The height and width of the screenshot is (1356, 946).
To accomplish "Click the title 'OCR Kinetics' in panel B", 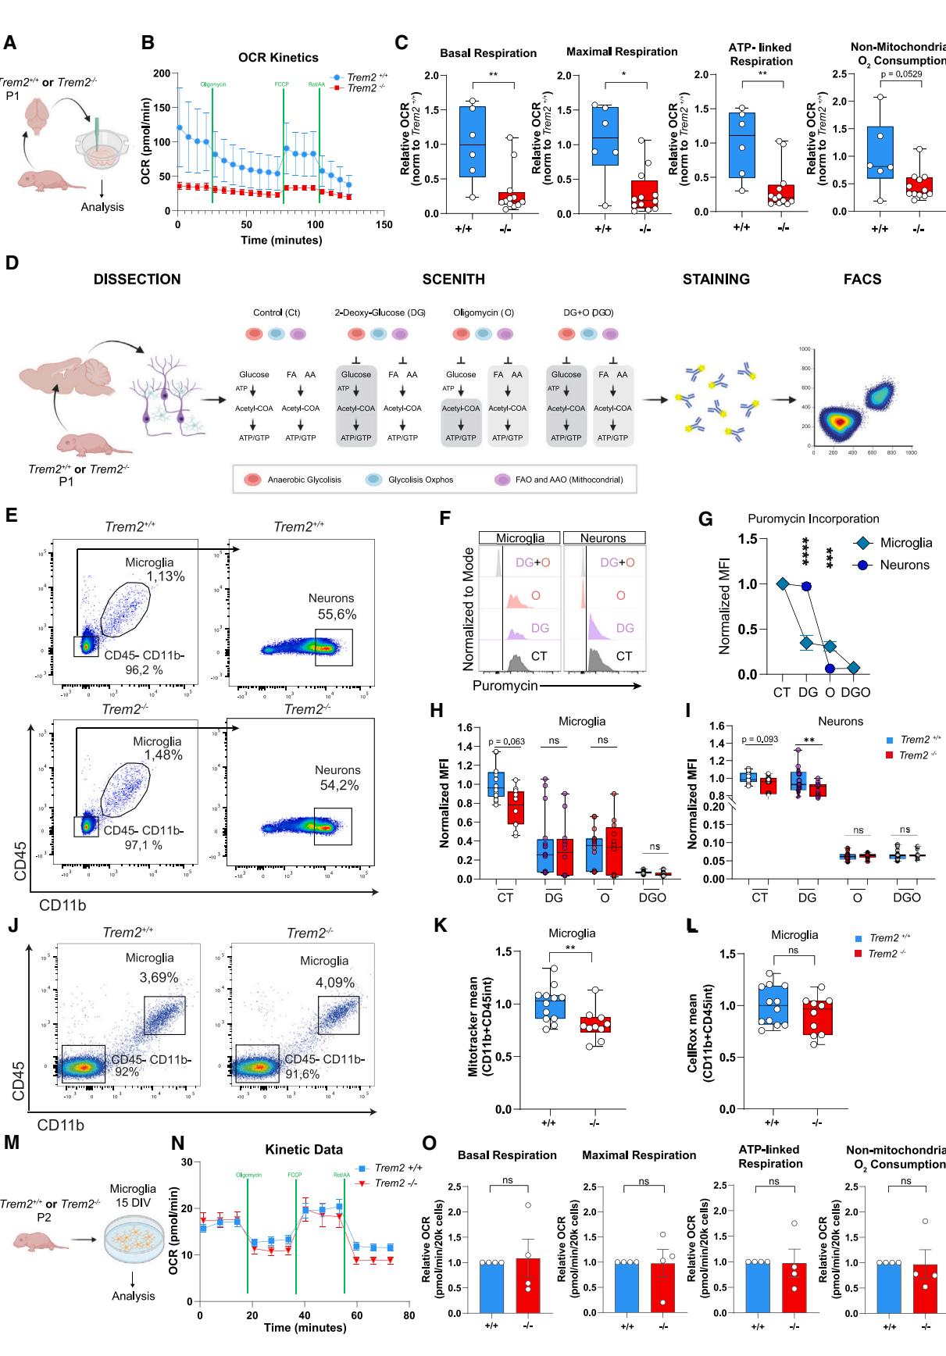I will [278, 57].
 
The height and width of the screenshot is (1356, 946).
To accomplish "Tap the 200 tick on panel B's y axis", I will [162, 73].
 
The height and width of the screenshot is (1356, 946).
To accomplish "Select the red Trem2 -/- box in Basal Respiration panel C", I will [512, 198].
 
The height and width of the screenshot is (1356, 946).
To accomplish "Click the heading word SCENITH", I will [453, 280].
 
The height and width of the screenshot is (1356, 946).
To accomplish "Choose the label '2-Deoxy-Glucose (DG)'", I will [380, 312].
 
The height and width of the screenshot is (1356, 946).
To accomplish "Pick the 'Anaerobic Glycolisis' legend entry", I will [304, 480].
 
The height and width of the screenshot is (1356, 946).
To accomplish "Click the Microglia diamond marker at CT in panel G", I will [783, 583].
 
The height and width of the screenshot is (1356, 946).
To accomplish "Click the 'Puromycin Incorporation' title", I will [813, 519].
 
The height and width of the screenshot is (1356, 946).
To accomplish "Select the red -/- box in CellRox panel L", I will [817, 1016].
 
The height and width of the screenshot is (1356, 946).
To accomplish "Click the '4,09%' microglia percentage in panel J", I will [335, 983].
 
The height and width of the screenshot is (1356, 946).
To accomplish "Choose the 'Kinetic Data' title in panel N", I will [304, 1149].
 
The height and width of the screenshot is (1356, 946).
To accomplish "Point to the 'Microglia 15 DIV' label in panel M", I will [133, 1195].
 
